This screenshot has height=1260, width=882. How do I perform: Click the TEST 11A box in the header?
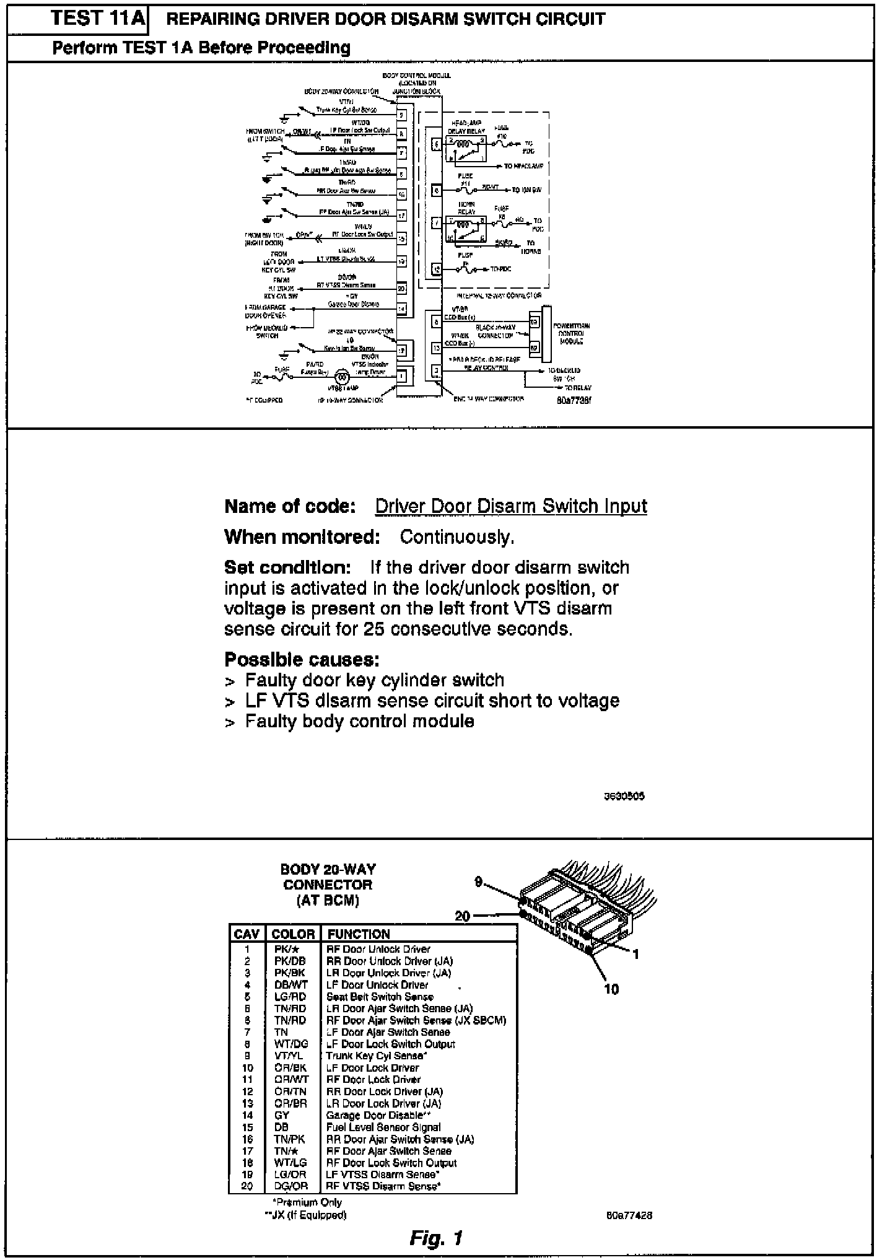tap(98, 19)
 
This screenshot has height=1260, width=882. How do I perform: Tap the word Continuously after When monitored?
tap(457, 537)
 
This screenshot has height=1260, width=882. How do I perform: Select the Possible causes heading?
tap(302, 659)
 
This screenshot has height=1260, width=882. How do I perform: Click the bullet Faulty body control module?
tap(359, 722)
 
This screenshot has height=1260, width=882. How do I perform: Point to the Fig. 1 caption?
tap(436, 1238)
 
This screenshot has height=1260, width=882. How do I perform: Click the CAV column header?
tap(247, 934)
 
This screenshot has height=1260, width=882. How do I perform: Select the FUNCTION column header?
tap(359, 934)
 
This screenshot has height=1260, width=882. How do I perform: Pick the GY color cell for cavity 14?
tap(282, 1115)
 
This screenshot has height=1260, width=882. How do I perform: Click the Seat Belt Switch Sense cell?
tap(380, 997)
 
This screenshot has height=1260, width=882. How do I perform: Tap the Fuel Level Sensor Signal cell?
tap(383, 1127)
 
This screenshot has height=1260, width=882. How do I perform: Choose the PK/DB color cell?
tap(290, 961)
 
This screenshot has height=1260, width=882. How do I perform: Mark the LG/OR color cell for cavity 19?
tap(290, 1175)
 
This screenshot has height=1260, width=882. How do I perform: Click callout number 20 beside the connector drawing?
tap(463, 916)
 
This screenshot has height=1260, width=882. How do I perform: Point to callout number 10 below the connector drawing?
tap(611, 989)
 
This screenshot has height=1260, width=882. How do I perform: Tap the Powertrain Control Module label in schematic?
tap(570, 333)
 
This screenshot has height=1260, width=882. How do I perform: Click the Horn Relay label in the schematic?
tap(466, 208)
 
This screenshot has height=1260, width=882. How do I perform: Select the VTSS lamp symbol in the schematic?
tap(341, 376)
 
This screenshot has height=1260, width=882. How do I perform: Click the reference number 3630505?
tap(624, 796)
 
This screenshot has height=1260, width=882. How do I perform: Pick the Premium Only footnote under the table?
tap(307, 1202)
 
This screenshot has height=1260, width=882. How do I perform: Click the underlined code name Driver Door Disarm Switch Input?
tap(511, 507)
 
